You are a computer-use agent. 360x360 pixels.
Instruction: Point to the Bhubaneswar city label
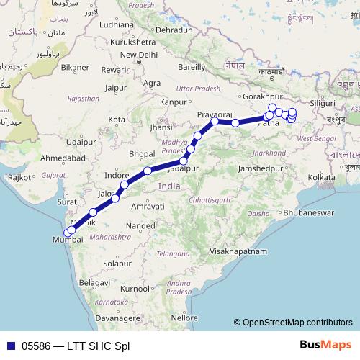[x=287, y=214]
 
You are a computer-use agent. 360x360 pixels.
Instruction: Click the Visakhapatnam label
[x=236, y=252]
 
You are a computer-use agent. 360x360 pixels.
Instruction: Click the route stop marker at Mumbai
[x=69, y=232]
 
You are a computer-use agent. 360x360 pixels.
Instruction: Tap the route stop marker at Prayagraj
[x=215, y=122]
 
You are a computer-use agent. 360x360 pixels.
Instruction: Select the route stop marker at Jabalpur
[x=184, y=161]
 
